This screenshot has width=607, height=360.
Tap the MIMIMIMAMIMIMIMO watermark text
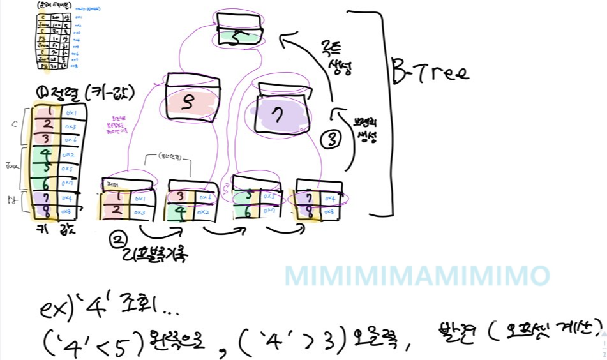tap(417, 276)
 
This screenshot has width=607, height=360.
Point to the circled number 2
tap(117, 240)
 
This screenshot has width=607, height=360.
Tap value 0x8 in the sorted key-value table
tap(71, 209)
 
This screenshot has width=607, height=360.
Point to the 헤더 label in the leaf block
tap(114, 184)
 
